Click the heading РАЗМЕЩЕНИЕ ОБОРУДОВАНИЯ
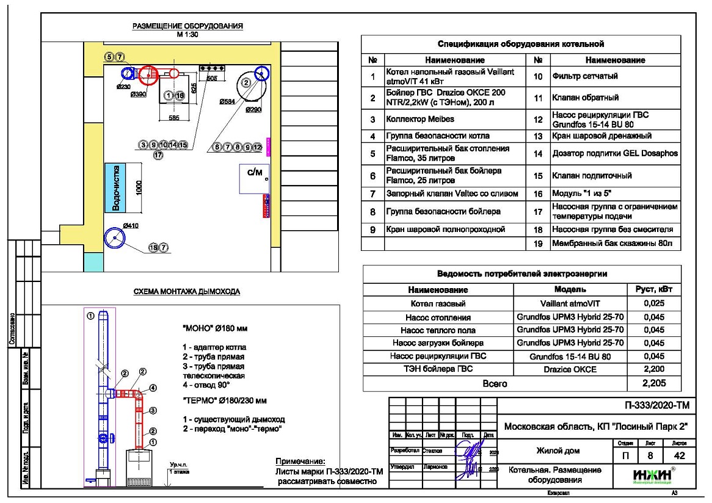tap(188, 26)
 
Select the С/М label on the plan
tap(254, 173)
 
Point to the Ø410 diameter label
tap(131, 226)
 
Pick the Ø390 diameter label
tap(138, 95)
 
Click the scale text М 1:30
tap(188, 34)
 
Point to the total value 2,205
tap(653, 383)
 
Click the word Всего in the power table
tap(495, 383)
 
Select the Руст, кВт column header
tap(653, 289)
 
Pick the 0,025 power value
tap(653, 303)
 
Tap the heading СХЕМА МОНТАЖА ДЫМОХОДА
tap(187, 292)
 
